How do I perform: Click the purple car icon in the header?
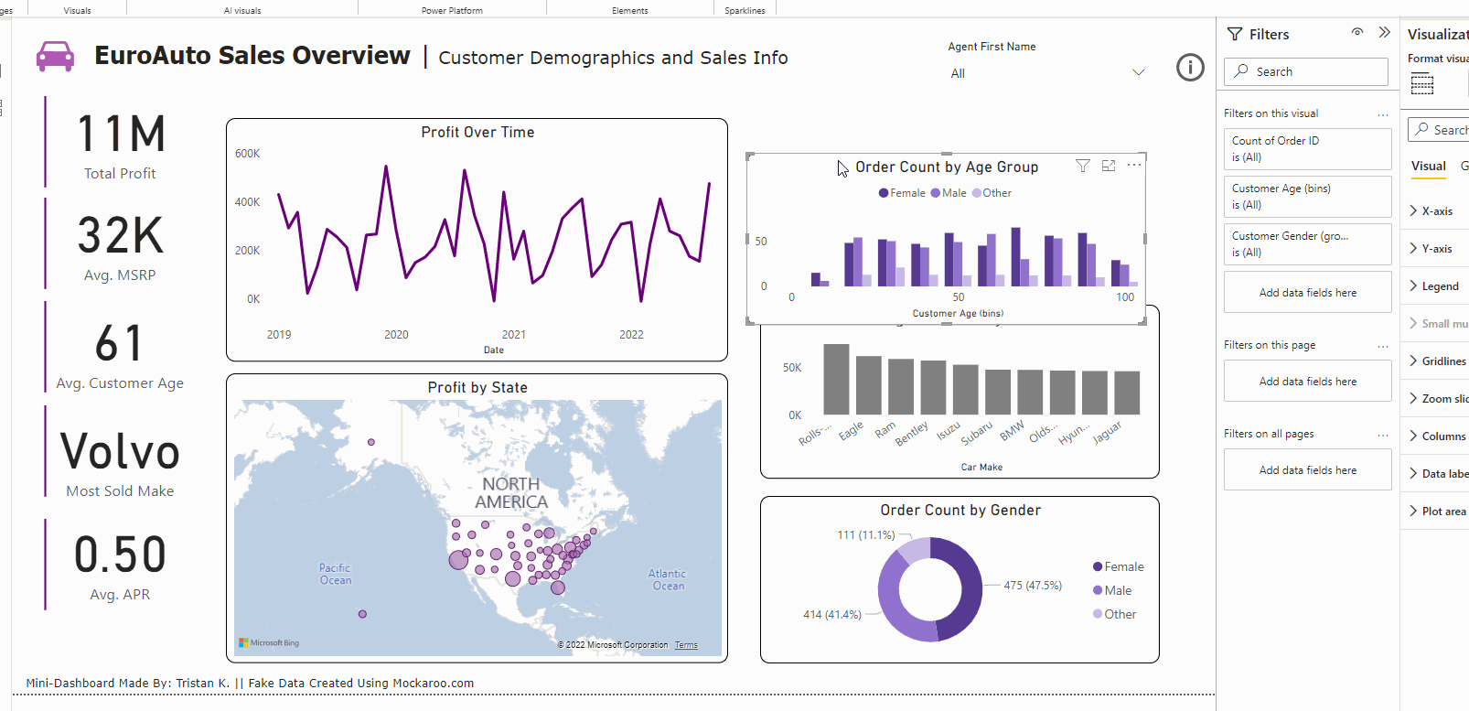(x=55, y=56)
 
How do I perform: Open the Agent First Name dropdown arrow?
(x=1138, y=73)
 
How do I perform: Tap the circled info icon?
(x=1190, y=68)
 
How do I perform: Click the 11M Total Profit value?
(x=121, y=135)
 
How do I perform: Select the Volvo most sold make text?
(x=120, y=452)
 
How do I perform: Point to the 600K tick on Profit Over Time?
(x=247, y=154)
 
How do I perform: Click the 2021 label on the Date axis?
(x=514, y=335)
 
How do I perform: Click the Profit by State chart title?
(x=477, y=388)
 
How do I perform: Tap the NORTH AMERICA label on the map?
(x=511, y=493)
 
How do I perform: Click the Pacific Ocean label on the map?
(x=336, y=574)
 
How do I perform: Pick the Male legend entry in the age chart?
(x=949, y=193)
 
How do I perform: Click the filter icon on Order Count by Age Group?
(x=1083, y=166)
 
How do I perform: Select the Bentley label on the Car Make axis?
(x=912, y=433)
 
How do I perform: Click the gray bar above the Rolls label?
(x=836, y=379)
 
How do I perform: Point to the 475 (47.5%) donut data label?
(x=1033, y=586)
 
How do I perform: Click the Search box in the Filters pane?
(x=1306, y=71)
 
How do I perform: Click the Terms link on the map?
(x=686, y=645)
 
